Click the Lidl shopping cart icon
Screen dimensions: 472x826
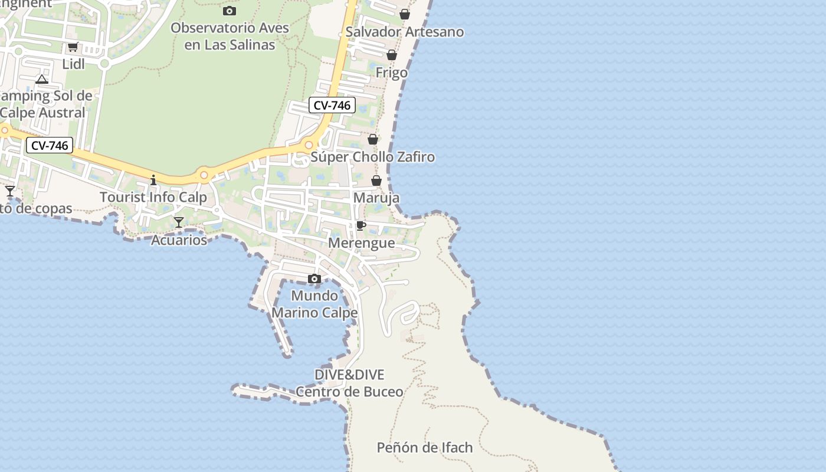tap(73, 47)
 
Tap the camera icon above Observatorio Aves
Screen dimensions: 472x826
tap(230, 11)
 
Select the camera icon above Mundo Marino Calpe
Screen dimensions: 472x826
tap(314, 278)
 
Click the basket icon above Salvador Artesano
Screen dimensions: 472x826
tap(405, 14)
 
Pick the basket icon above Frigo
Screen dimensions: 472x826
tap(392, 55)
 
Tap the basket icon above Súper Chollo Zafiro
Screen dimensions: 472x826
tap(373, 139)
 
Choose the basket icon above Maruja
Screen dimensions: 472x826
tap(376, 181)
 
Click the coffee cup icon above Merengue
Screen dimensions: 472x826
tap(361, 226)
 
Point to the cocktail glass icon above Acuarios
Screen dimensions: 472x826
tap(179, 222)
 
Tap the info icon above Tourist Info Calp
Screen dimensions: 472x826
tap(153, 180)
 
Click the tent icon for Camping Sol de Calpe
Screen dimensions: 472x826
tap(41, 79)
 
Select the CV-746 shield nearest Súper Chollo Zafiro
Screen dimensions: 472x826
tap(332, 106)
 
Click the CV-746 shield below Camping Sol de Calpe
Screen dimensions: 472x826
tap(50, 145)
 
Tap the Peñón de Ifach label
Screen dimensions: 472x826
tap(425, 448)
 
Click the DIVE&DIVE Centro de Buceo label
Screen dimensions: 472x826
tap(349, 383)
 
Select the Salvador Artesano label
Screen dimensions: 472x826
tap(405, 32)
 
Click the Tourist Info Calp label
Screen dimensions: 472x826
tap(153, 197)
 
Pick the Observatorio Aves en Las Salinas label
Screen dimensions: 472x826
tap(230, 36)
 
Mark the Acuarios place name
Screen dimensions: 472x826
tap(179, 240)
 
